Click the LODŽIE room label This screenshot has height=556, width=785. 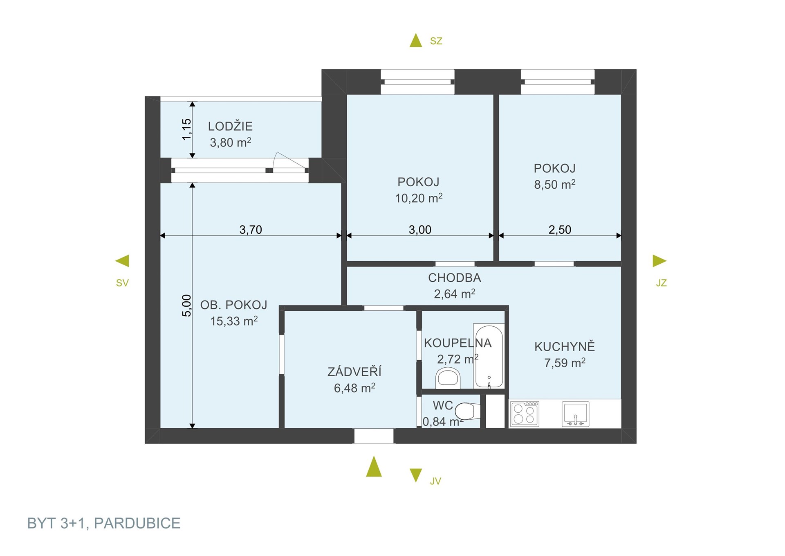(x=230, y=126)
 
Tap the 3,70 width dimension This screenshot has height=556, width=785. (x=251, y=230)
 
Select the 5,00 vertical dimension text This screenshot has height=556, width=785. (x=186, y=305)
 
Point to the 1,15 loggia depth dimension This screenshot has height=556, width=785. (x=186, y=129)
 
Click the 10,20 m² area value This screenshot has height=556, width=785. (x=419, y=198)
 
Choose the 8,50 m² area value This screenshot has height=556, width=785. (x=555, y=184)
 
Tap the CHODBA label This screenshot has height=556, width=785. (x=455, y=278)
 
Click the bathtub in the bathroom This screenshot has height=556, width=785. (x=489, y=356)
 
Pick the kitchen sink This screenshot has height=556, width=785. (x=575, y=414)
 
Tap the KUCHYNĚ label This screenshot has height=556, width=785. (x=565, y=346)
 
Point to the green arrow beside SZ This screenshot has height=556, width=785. (x=416, y=41)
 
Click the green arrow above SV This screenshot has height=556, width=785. (x=122, y=261)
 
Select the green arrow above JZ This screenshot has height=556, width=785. (x=659, y=261)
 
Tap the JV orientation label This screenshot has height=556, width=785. (x=435, y=481)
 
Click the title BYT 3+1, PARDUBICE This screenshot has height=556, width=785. (x=104, y=523)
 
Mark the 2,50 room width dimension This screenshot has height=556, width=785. (x=560, y=230)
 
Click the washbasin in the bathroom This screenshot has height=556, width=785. (x=448, y=378)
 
